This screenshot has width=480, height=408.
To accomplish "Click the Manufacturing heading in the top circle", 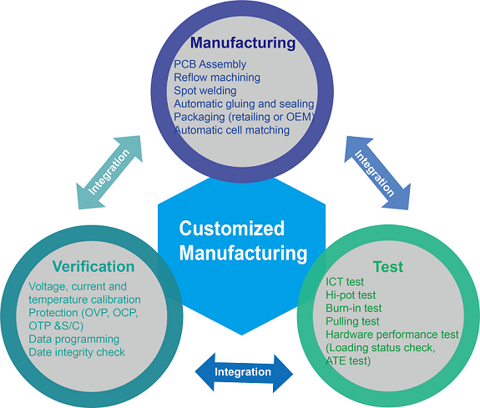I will click(242, 42).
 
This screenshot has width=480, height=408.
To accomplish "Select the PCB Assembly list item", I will click(210, 64).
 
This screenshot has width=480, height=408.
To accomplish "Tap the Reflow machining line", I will click(217, 78).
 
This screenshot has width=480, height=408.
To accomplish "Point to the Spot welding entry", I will click(205, 90).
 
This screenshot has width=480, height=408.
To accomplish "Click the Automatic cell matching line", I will click(231, 130).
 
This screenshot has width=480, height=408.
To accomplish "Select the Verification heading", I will click(93, 267).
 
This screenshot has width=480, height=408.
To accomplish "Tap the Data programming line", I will click(74, 340).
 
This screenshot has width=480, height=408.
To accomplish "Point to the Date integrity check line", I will click(77, 352).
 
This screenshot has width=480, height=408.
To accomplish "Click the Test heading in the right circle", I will click(388, 267).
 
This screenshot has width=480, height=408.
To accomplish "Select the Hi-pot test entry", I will click(351, 295).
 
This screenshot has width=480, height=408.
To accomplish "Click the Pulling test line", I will click(352, 321).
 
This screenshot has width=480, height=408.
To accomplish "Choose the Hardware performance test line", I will click(392, 335).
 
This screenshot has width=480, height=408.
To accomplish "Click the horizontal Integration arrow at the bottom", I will click(243, 371).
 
